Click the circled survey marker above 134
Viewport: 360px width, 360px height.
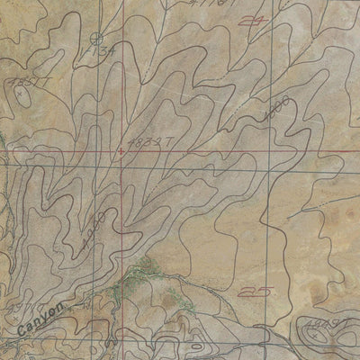tap(97, 38)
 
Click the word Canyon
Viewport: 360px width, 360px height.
tap(43, 323)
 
